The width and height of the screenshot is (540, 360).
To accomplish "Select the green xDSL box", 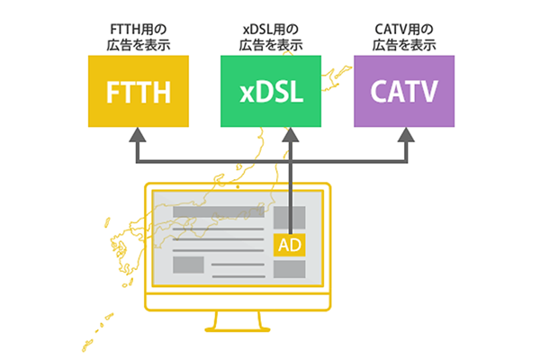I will coord(271,91).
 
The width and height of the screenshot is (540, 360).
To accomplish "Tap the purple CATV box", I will coord(404,91).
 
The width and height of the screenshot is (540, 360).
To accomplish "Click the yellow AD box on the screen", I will coord(290,244).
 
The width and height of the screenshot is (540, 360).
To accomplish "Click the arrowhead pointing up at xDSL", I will coord(291,135).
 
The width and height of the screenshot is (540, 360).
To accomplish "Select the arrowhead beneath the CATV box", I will coord(405,135).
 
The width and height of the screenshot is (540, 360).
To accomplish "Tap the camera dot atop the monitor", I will coord(238,187).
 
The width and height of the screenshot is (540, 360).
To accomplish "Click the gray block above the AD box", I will coord(290,217).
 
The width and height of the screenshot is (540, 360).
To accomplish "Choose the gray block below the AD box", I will coord(290,270).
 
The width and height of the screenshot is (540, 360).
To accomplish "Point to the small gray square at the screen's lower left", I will coord(188,265).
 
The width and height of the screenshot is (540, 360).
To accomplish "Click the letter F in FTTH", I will coord(110,92).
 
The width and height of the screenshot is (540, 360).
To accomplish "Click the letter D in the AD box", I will coord(296,244).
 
